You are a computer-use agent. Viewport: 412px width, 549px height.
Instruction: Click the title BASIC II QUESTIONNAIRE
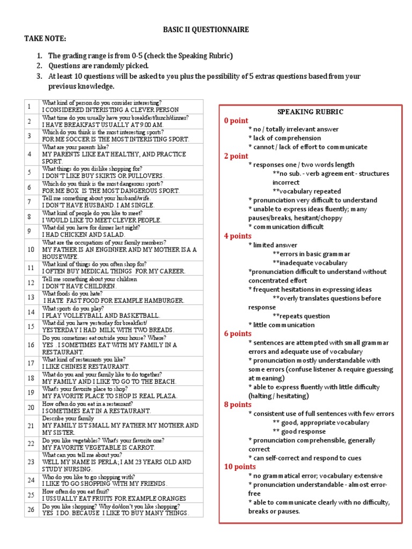click(x=205, y=30)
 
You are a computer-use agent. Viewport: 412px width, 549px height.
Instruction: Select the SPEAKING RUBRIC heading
click(x=310, y=112)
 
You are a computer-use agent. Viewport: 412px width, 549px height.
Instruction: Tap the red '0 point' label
click(x=236, y=121)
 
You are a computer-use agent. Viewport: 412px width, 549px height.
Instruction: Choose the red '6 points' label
click(x=238, y=333)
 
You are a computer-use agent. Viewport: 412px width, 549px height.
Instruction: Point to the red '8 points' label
click(x=238, y=405)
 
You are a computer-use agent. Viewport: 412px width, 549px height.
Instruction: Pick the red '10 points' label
click(x=240, y=466)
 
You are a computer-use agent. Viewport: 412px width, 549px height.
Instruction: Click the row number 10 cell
click(x=31, y=249)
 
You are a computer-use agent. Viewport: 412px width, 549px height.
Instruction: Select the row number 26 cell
click(x=31, y=509)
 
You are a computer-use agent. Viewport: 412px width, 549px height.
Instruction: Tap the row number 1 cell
click(x=31, y=106)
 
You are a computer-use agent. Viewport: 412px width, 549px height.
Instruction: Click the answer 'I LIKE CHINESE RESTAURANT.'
click(x=86, y=367)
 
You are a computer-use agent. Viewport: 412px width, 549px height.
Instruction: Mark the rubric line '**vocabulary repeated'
click(x=306, y=191)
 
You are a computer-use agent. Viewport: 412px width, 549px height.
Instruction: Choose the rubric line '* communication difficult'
click(x=286, y=227)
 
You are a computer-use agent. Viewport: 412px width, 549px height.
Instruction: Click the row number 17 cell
click(x=31, y=363)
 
